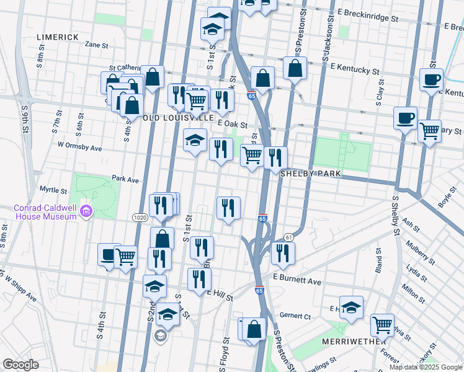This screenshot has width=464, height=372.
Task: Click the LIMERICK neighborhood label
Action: pyautogui.click(x=57, y=37)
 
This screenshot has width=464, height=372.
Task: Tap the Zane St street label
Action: pyautogui.click(x=96, y=45)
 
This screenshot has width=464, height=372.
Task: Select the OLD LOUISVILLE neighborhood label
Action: pyautogui.click(x=180, y=117)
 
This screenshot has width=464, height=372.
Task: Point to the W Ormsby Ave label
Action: pyautogui.click(x=79, y=148)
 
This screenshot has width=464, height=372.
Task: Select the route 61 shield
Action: pyautogui.click(x=288, y=237)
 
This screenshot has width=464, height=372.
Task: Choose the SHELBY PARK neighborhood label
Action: pyautogui.click(x=311, y=174)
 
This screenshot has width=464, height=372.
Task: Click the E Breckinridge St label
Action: pyautogui.click(x=368, y=18)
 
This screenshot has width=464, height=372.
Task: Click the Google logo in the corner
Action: pyautogui.click(x=20, y=364)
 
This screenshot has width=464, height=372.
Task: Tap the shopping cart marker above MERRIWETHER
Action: pyautogui.click(x=382, y=324)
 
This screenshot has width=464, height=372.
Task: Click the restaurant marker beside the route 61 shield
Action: pyautogui.click(x=282, y=251)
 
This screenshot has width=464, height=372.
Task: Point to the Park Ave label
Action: pyautogui.click(x=125, y=179)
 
